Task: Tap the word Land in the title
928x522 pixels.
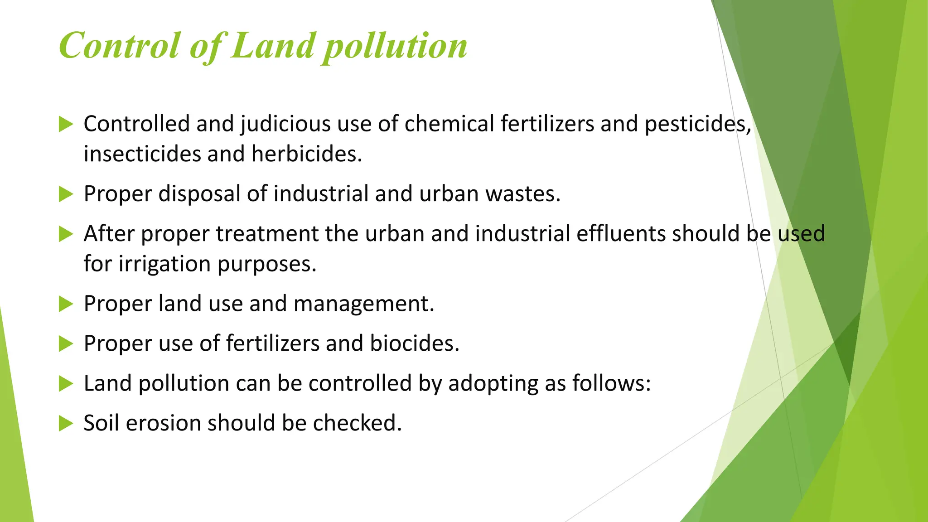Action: pos(272,46)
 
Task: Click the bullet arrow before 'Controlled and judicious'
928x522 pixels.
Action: pos(66,124)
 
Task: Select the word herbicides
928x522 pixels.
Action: pos(307,154)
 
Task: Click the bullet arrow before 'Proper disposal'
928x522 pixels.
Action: pos(66,194)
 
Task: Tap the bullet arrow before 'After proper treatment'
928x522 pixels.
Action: pos(66,234)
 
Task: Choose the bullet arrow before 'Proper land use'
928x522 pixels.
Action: pos(66,304)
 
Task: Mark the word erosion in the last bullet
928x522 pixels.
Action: pos(163,423)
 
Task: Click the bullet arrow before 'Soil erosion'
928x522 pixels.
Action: pos(66,424)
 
